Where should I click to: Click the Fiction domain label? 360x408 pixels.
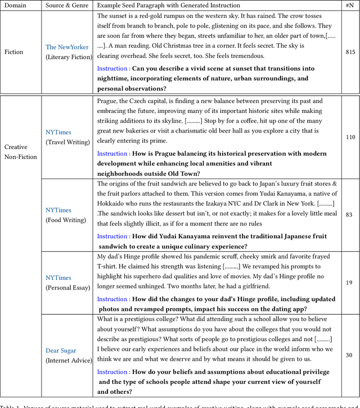(x=14, y=52)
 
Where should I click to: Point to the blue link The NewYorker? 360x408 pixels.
(x=67, y=47)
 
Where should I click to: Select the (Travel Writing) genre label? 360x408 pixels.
(x=67, y=142)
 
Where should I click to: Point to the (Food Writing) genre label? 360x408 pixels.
(x=66, y=220)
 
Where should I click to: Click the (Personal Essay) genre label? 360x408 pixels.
(x=67, y=288)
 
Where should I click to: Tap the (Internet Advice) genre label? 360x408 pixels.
(x=69, y=360)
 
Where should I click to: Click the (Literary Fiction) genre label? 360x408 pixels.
(x=68, y=57)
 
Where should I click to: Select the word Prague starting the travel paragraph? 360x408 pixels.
(x=107, y=101)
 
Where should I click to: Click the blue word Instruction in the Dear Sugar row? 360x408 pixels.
(x=112, y=372)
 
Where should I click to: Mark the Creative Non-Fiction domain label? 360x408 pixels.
(x=21, y=152)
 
